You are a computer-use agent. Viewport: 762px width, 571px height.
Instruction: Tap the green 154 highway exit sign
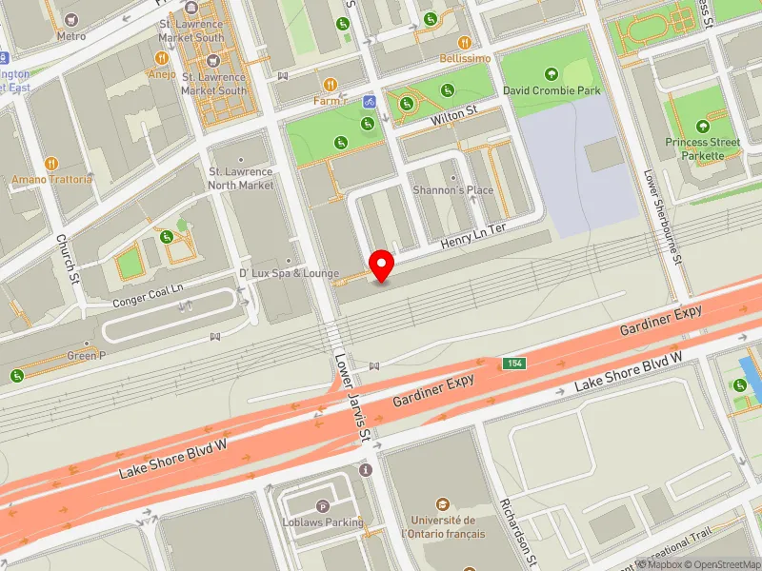[514, 364]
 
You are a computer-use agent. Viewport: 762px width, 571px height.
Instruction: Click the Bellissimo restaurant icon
[465, 43]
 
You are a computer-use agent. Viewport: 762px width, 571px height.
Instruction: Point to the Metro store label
[71, 36]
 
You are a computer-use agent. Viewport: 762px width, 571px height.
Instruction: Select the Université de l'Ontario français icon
[443, 503]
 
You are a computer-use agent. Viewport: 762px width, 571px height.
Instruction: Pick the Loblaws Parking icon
[323, 506]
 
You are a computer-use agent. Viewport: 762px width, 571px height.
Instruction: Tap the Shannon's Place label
[452, 189]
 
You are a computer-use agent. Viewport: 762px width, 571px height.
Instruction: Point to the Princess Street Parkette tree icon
[703, 127]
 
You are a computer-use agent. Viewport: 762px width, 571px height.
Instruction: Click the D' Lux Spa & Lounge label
[289, 274]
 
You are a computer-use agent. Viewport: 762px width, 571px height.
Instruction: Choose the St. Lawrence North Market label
[241, 178]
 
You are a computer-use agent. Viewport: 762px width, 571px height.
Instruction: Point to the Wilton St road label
[453, 113]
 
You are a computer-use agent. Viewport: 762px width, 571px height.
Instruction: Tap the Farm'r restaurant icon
[331, 85]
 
